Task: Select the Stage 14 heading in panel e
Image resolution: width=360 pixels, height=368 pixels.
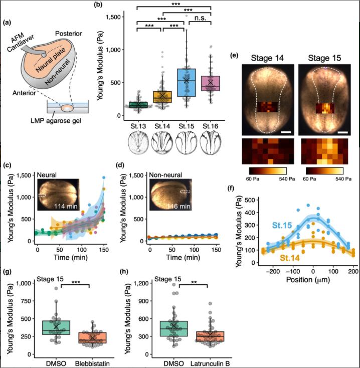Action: (264, 57)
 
